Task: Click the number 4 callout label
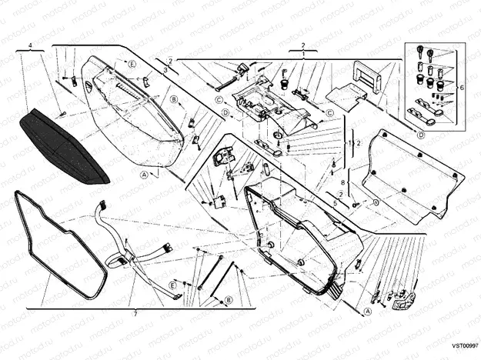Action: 30,47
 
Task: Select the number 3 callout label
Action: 165,70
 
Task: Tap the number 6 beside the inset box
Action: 462,88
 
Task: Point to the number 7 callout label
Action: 135,314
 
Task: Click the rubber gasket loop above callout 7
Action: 58,246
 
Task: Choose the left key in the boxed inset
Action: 421,52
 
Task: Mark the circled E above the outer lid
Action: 132,62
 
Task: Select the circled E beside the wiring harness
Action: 172,284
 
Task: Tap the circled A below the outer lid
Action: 144,175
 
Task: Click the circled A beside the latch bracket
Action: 368,312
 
